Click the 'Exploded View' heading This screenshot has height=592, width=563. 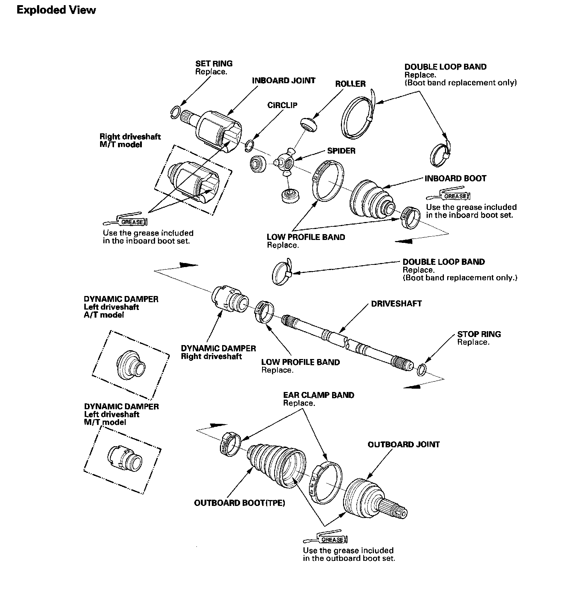coord(56,10)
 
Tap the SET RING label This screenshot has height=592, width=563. coord(214,63)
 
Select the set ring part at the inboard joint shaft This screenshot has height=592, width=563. coord(176,112)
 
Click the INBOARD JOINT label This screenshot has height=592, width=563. coord(283,81)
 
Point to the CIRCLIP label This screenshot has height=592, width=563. coord(282,106)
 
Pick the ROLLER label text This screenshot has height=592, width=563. coord(350,84)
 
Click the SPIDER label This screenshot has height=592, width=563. coord(341,151)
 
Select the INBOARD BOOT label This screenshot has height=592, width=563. coord(455,178)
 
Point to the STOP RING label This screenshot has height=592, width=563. coord(479,334)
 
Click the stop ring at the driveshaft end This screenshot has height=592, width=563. coord(422,370)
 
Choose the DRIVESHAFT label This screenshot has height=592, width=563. coord(396,304)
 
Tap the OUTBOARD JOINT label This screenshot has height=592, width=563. coord(404,444)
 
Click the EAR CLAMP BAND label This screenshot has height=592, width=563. coord(319,395)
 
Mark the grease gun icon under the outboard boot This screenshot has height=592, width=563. coord(325,539)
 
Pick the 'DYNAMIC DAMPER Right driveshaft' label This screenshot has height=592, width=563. coord(218,352)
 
